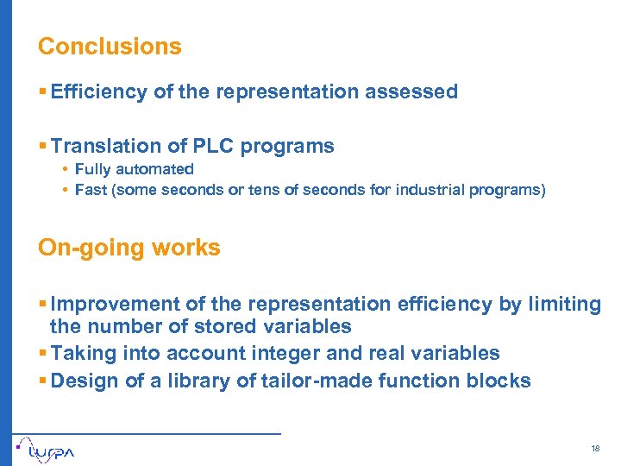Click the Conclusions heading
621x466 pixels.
coord(110,47)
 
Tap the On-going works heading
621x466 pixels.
coord(129,248)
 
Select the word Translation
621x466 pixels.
coord(106,146)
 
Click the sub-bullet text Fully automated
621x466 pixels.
coord(134,170)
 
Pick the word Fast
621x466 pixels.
coord(90,190)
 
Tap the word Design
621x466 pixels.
coord(79,381)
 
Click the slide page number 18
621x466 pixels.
coord(595,449)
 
